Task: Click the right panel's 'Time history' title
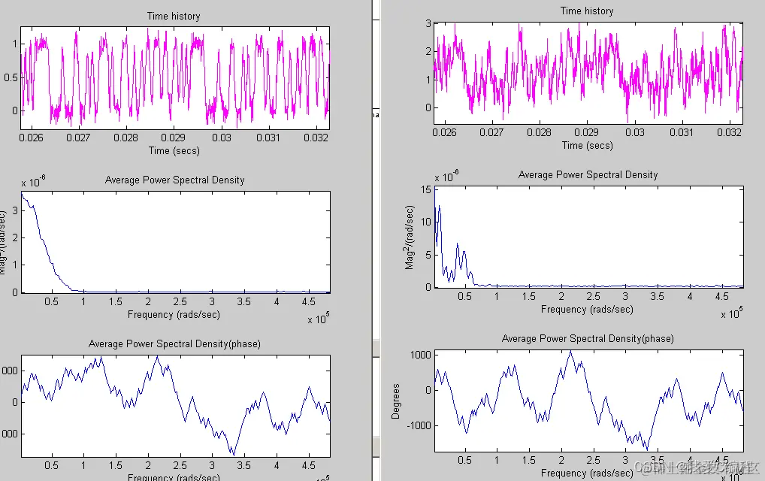point(587,11)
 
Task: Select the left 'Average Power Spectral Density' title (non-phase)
point(175,180)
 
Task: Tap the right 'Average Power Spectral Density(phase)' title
point(588,338)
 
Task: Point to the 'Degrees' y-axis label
point(396,401)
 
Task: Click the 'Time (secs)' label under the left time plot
point(175,150)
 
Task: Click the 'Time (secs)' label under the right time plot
point(587,145)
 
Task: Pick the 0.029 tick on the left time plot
point(174,138)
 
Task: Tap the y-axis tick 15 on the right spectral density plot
point(425,189)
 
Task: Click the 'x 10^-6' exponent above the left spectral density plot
point(34,183)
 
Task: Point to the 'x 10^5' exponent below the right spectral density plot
point(730,313)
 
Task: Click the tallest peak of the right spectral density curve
point(440,206)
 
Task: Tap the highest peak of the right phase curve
point(570,351)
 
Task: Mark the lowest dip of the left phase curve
point(234,454)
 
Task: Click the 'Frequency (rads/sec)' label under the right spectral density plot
point(587,309)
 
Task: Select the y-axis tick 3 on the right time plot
point(428,23)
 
